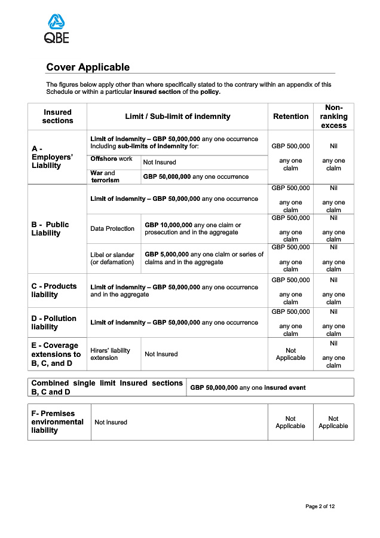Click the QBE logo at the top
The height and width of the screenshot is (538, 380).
pyautogui.click(x=57, y=29)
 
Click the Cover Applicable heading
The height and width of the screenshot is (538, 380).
pyautogui.click(x=88, y=68)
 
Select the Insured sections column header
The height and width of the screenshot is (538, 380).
pyautogui.click(x=57, y=117)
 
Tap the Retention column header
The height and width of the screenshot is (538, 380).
pyautogui.click(x=290, y=117)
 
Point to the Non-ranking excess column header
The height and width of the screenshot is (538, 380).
pyautogui.click(x=333, y=117)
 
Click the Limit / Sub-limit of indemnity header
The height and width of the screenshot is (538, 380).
pyautogui.click(x=177, y=117)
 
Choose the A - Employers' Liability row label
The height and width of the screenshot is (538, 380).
pyautogui.click(x=52, y=157)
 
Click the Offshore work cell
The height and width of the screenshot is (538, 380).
pyautogui.click(x=112, y=159)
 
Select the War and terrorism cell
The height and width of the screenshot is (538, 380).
pyautogui.click(x=105, y=176)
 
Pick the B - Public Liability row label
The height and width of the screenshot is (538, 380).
pyautogui.click(x=50, y=229)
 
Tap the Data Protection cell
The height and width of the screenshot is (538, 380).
pyautogui.click(x=112, y=229)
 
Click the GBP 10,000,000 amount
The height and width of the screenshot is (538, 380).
pyautogui.click(x=168, y=225)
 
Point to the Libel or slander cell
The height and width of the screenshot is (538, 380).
pyautogui.click(x=112, y=258)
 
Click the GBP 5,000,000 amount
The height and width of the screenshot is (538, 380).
pyautogui.click(x=167, y=255)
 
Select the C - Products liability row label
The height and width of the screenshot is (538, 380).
pyautogui.click(x=54, y=291)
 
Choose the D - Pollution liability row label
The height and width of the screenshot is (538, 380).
pyautogui.click(x=54, y=323)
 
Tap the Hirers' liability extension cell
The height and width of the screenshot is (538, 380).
pyautogui.click(x=110, y=354)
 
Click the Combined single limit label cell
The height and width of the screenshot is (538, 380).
pyautogui.click(x=107, y=387)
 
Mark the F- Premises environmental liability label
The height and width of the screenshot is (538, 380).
pyautogui.click(x=57, y=422)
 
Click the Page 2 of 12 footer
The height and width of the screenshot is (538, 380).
pyautogui.click(x=320, y=506)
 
